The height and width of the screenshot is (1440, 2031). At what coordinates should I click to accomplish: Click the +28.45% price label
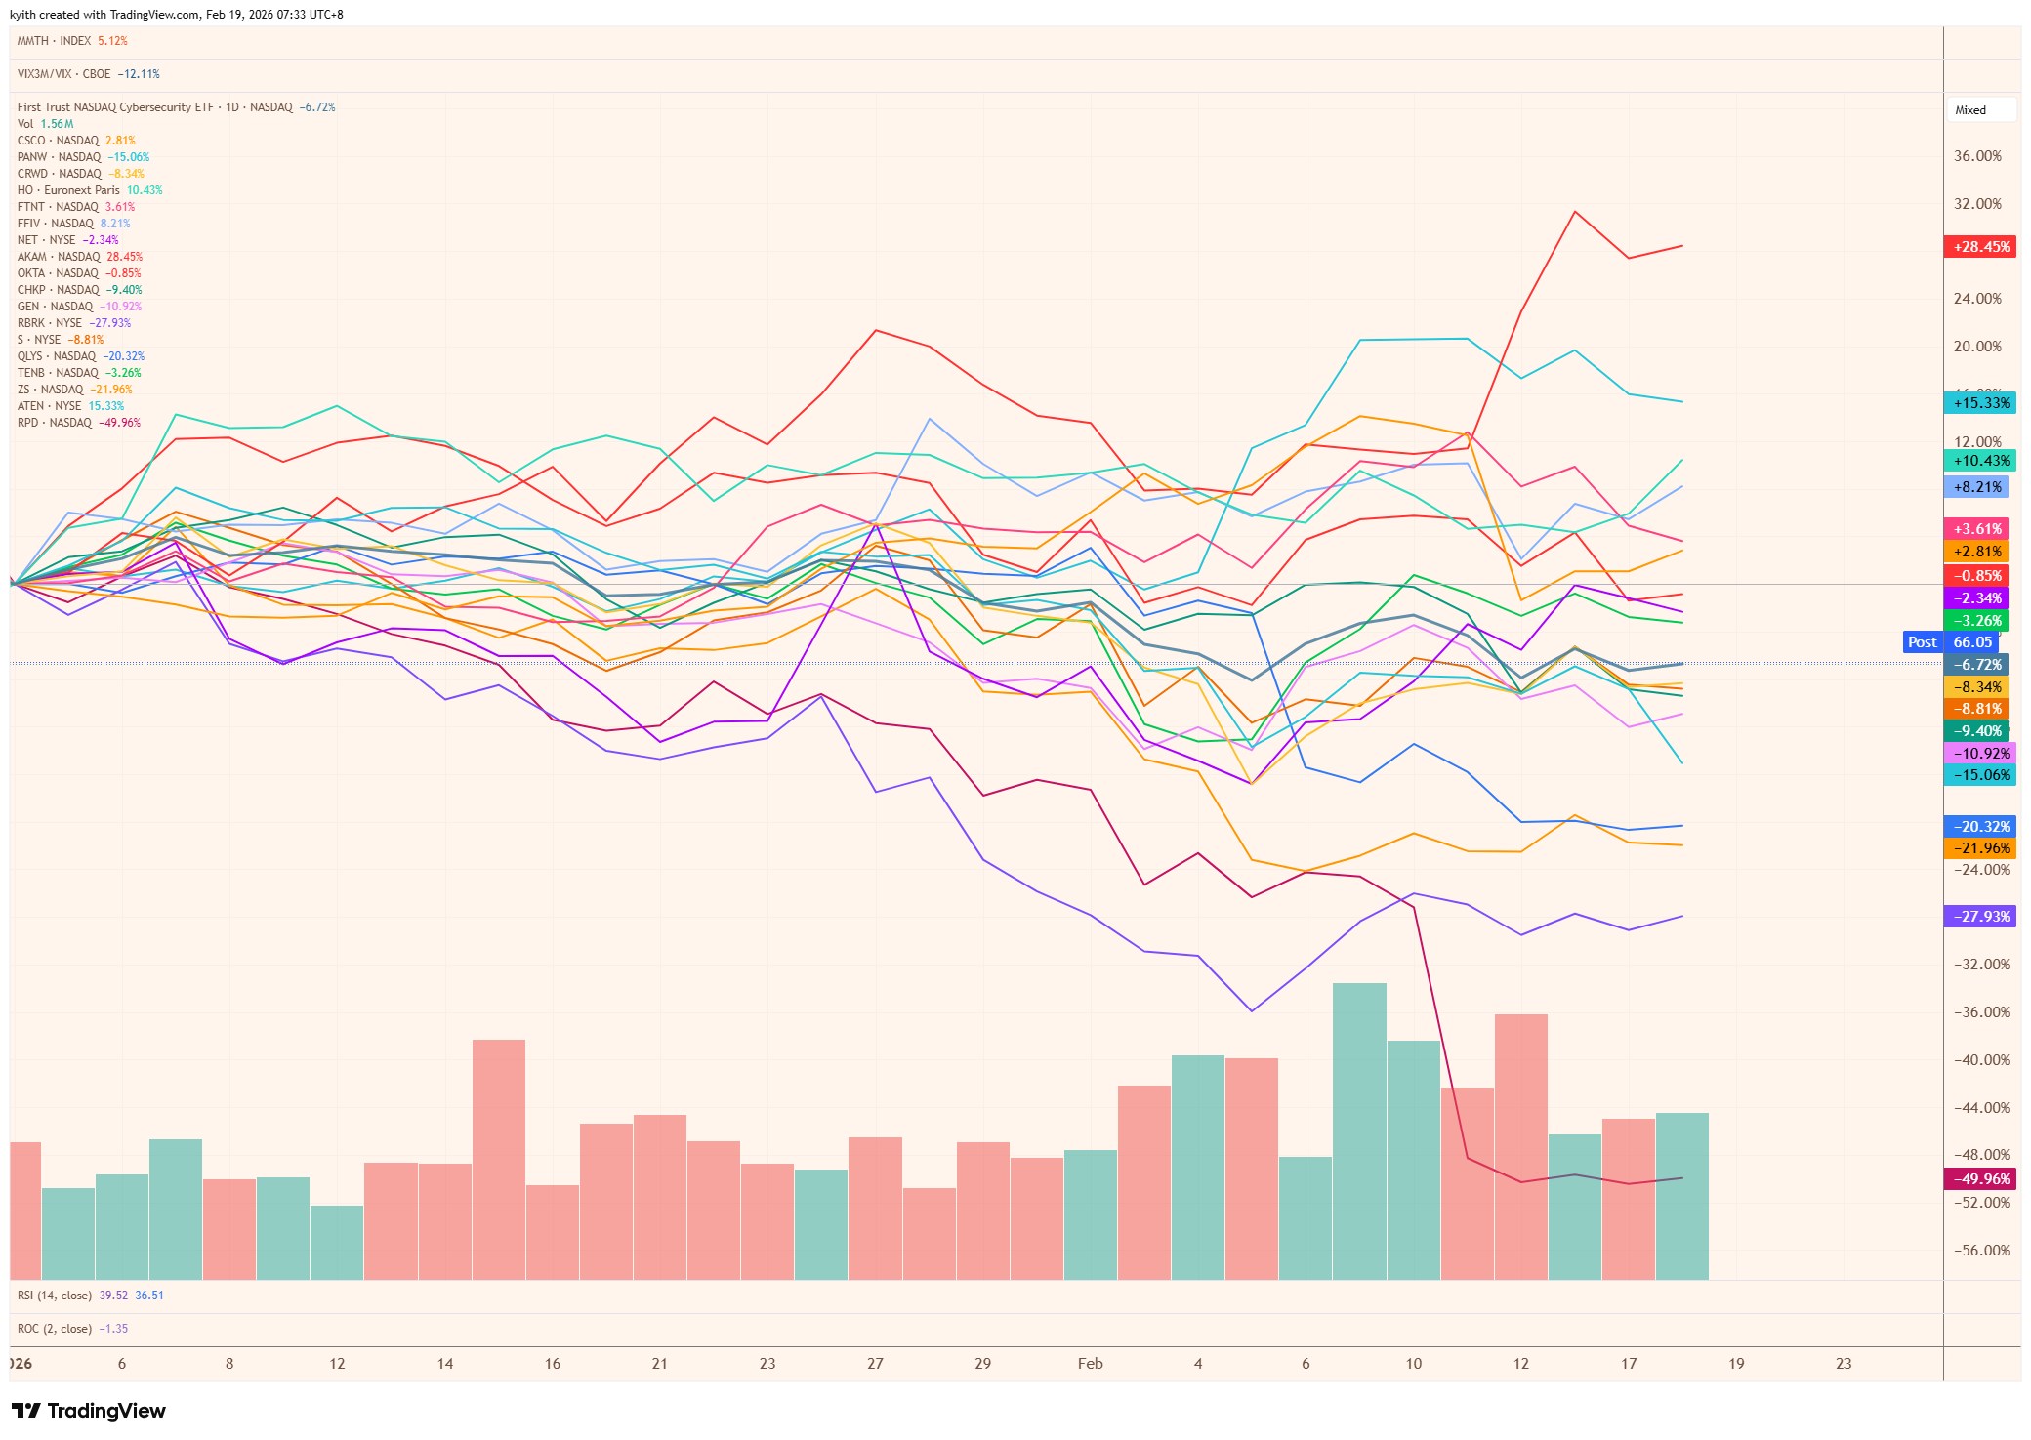click(1980, 247)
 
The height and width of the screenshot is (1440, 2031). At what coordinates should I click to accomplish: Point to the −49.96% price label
click(1980, 1178)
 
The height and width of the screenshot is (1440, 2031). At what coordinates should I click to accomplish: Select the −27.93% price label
click(1980, 917)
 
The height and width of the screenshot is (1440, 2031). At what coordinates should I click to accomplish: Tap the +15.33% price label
click(1980, 402)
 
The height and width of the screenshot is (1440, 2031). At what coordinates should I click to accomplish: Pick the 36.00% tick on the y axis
click(1977, 156)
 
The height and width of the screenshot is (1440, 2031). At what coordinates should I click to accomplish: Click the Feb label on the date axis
click(1090, 1364)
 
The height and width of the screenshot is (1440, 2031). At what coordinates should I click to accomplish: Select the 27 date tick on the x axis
click(875, 1364)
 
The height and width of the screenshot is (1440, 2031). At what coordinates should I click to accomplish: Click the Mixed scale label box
click(1980, 110)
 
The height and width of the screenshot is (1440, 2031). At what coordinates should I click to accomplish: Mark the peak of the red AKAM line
click(1575, 211)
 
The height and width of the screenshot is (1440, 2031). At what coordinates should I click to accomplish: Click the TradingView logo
click(89, 1411)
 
